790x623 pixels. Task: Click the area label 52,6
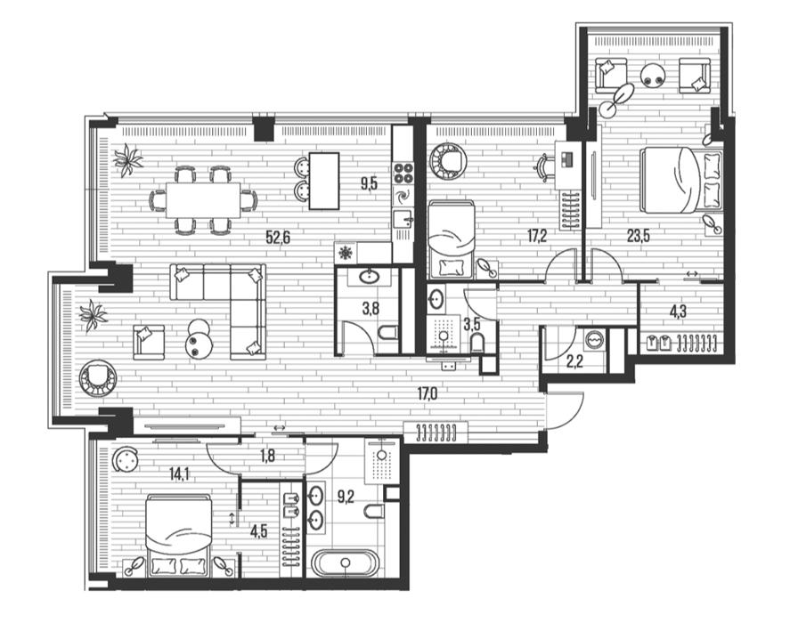click(278, 237)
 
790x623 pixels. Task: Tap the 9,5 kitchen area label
click(369, 184)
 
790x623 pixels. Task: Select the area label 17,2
click(536, 235)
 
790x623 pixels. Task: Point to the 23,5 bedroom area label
click(639, 235)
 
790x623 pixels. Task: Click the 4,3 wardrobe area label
click(678, 311)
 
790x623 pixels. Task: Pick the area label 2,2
click(574, 361)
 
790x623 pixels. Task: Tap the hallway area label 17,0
click(428, 394)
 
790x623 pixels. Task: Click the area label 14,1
click(179, 473)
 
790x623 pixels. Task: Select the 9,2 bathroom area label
click(346, 498)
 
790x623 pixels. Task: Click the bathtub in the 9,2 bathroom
click(345, 563)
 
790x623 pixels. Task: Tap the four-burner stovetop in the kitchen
click(403, 174)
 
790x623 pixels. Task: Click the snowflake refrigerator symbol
click(346, 252)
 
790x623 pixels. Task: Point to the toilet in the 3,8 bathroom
click(388, 332)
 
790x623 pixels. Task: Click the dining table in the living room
click(203, 200)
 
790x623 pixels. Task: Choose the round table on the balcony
click(655, 76)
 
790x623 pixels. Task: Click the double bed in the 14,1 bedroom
click(178, 536)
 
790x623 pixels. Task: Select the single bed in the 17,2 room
click(451, 239)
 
